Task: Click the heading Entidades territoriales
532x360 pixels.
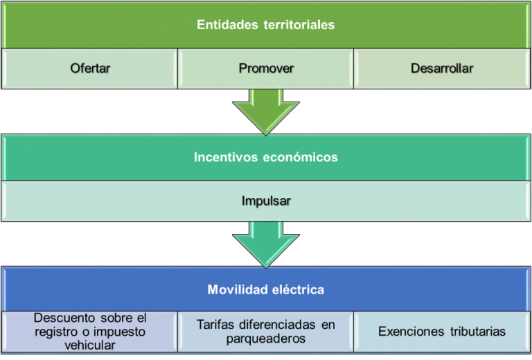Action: pyautogui.click(x=266, y=25)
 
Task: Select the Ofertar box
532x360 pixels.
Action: pyautogui.click(x=90, y=69)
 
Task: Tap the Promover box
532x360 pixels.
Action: pyautogui.click(x=266, y=69)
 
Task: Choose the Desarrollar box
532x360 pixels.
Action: pyautogui.click(x=442, y=69)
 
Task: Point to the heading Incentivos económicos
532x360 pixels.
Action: pyautogui.click(x=266, y=157)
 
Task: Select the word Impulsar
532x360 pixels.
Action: pyautogui.click(x=266, y=201)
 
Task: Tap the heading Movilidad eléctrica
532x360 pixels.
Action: pyautogui.click(x=266, y=289)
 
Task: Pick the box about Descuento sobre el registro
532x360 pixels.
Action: pyautogui.click(x=90, y=331)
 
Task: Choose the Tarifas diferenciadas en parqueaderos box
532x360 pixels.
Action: pyautogui.click(x=266, y=331)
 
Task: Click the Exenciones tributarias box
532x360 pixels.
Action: pyautogui.click(x=442, y=331)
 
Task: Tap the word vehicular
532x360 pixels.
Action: pyautogui.click(x=90, y=345)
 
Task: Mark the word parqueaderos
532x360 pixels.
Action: pyautogui.click(x=266, y=339)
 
